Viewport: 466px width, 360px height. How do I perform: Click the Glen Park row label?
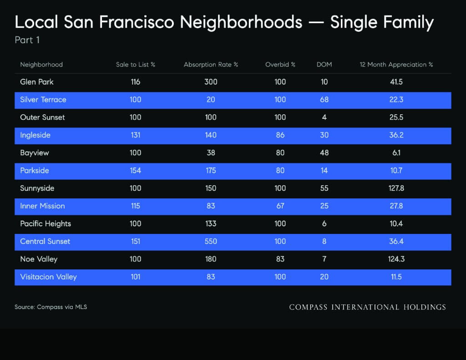[x=36, y=82]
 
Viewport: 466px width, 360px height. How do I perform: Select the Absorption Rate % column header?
[x=211, y=65]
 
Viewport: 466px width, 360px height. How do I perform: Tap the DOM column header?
[x=324, y=65]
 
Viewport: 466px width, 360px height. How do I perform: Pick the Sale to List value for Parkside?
[x=136, y=171]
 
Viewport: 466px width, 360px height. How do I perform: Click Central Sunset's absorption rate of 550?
[x=211, y=241]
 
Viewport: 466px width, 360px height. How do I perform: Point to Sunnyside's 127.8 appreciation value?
[x=396, y=188]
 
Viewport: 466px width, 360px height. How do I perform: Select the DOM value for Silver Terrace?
[x=324, y=100]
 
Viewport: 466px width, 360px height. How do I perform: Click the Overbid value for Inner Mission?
[x=280, y=206]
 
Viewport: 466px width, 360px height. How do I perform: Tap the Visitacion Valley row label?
[x=48, y=277]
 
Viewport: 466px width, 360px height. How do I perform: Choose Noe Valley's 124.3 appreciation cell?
[x=396, y=259]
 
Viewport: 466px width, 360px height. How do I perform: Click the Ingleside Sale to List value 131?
[x=136, y=135]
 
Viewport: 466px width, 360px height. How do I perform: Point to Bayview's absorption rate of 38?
[x=211, y=153]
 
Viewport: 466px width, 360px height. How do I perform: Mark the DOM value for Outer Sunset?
[x=324, y=117]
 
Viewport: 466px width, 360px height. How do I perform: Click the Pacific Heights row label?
[x=46, y=224]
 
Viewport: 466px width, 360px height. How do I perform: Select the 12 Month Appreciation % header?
[x=396, y=65]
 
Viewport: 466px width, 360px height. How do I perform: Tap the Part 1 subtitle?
[x=27, y=40]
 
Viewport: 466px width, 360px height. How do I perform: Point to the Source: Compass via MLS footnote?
[x=51, y=307]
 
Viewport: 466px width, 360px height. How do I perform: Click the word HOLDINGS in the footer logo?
[x=425, y=307]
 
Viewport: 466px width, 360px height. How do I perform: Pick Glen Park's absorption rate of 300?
[x=211, y=82]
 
